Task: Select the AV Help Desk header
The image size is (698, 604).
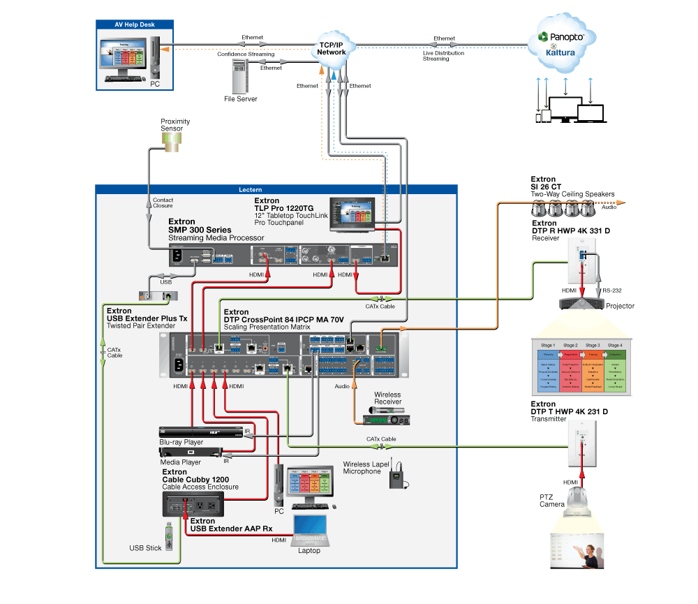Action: (135, 25)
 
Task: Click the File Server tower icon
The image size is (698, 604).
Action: (240, 77)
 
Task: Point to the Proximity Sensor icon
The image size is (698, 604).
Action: (171, 142)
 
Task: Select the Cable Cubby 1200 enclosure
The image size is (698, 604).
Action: (193, 503)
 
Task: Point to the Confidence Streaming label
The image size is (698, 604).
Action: (246, 54)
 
